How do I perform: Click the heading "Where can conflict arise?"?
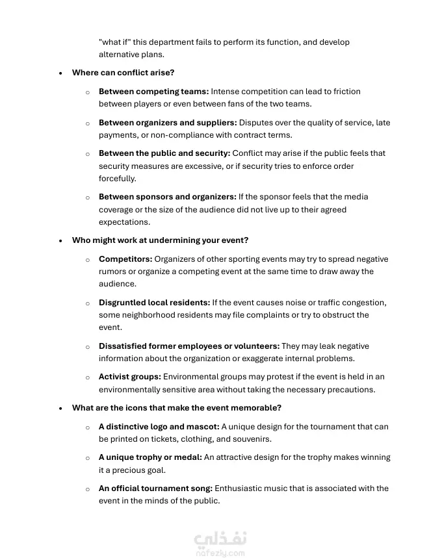point(123,73)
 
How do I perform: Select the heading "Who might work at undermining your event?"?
point(160,240)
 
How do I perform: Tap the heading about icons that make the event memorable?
point(176,408)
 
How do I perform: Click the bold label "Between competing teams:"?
point(153,92)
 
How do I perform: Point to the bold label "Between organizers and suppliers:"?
point(168,122)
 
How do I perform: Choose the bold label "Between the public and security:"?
point(164,153)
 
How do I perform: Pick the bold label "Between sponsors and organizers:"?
point(167,197)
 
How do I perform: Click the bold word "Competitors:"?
point(125,259)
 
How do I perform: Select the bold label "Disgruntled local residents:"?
point(154,303)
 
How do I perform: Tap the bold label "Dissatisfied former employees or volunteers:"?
point(189,346)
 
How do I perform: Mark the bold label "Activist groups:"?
point(129,377)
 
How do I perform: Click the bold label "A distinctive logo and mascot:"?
point(159,427)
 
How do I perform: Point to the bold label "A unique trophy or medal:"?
point(150,457)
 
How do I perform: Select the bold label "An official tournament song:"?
point(155,488)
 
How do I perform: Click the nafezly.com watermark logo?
point(220,544)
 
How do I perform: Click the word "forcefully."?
point(117,179)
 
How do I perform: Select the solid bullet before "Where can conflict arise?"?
point(60,73)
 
